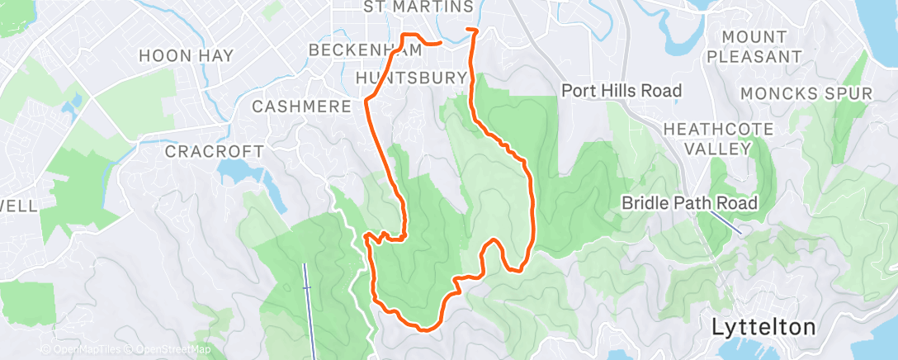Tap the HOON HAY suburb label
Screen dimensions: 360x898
(186, 56)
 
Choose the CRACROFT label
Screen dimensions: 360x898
(214, 152)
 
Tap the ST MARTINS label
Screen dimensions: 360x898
(418, 7)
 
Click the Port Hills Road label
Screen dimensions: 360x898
(621, 90)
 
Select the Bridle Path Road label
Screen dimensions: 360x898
(689, 202)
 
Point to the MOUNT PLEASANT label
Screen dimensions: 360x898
(754, 47)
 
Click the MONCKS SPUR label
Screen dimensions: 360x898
(806, 93)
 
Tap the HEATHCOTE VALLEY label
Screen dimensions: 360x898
(718, 139)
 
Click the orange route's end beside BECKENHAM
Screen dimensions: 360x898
(441, 41)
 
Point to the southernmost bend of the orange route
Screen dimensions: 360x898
(426, 329)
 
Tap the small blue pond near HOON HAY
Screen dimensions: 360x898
(76, 103)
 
